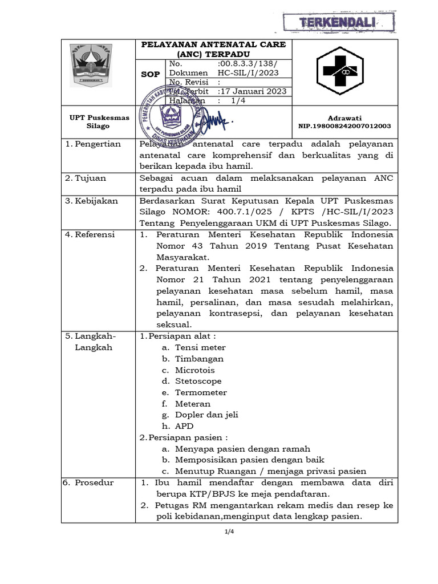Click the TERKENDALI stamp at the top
[339, 22]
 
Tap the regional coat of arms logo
[92, 66]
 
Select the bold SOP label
[151, 75]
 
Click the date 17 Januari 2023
[253, 91]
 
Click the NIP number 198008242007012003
[344, 126]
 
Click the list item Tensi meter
[200, 347]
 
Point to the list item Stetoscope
[198, 381]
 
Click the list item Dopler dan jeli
[206, 415]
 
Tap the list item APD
[184, 426]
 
